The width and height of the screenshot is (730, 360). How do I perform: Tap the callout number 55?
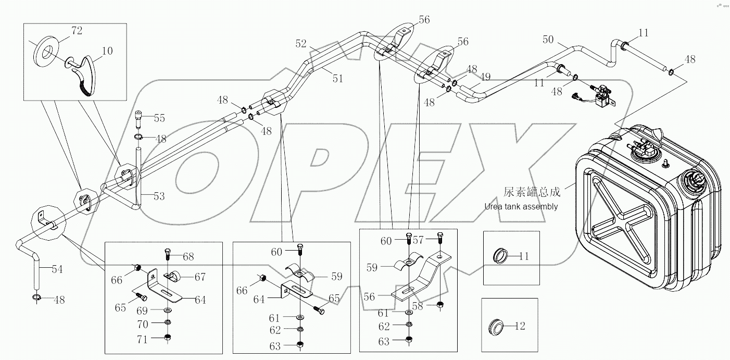point(159,118)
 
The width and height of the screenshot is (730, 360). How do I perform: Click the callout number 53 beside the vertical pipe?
point(159,196)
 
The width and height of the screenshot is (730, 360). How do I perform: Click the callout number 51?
point(337,79)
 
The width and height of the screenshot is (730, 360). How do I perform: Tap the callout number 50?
point(548,39)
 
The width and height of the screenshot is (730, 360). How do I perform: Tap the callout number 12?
point(520,327)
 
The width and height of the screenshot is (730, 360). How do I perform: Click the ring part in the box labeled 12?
point(497,327)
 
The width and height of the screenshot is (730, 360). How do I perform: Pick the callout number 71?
point(142,340)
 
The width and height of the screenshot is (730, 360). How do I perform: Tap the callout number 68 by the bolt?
point(187,256)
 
